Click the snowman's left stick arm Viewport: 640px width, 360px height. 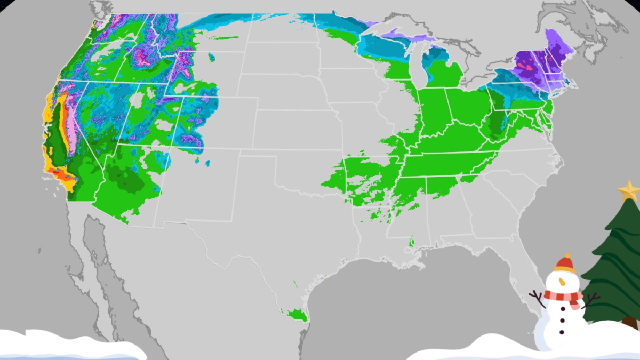pyautogui.click(x=537, y=299)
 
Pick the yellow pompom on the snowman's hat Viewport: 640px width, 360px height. pyautogui.click(x=567, y=255)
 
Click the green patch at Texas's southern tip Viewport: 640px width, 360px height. pyautogui.click(x=295, y=315)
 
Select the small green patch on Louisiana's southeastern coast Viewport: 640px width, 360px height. pyautogui.click(x=411, y=243)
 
